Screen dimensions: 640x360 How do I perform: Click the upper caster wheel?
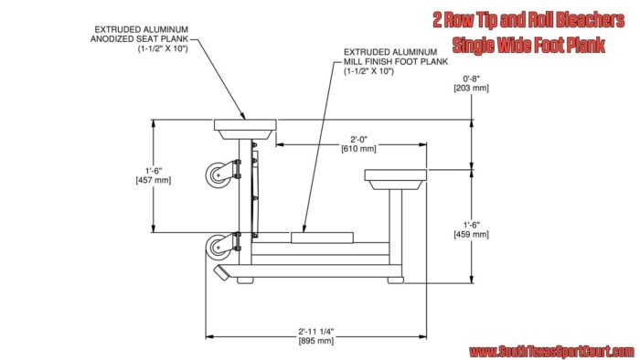click(x=218, y=175)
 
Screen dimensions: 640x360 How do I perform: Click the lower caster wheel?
click(x=218, y=247)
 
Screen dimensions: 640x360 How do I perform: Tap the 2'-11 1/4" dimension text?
click(x=316, y=332)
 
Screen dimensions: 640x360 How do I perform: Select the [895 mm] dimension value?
click(x=316, y=341)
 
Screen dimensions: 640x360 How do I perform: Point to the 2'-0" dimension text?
click(x=358, y=140)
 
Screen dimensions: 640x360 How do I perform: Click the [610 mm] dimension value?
click(x=358, y=149)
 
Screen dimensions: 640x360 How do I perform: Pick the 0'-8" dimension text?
click(x=471, y=79)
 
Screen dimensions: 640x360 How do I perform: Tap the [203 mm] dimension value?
click(x=471, y=88)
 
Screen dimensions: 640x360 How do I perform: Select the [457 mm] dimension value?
click(x=154, y=180)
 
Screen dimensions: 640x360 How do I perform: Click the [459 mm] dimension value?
click(x=471, y=235)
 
